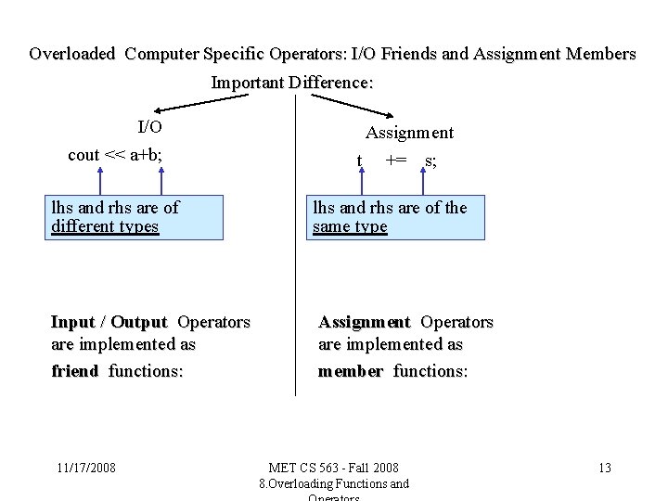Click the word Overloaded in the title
(x=72, y=54)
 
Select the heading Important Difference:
(x=292, y=83)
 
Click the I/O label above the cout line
(x=149, y=127)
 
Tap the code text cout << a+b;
(x=115, y=155)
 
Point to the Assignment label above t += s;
(x=409, y=133)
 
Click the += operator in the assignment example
(x=396, y=160)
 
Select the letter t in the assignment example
(x=360, y=161)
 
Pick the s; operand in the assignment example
(x=430, y=161)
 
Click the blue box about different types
(x=135, y=217)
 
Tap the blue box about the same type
(x=396, y=217)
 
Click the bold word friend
(x=75, y=371)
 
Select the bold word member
(x=350, y=371)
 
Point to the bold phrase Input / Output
(x=109, y=323)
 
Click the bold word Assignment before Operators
(x=364, y=323)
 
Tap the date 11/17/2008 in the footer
(x=85, y=468)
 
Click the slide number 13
(x=604, y=468)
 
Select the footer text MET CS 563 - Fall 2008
(x=333, y=468)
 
